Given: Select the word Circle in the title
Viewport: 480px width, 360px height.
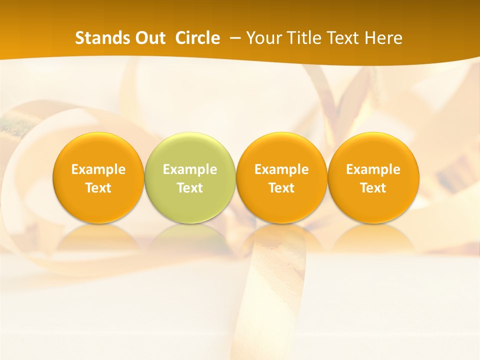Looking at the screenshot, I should click(197, 38).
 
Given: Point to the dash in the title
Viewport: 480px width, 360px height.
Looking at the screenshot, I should click(233, 38).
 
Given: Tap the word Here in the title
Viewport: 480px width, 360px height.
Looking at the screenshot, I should click(383, 38).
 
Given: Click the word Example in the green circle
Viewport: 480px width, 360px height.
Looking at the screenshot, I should click(190, 169).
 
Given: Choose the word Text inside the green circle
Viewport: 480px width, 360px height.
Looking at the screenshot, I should click(190, 188).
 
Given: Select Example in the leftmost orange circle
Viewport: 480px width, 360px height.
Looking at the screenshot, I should click(98, 169).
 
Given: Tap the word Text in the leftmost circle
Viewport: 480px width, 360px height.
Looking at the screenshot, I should click(98, 188).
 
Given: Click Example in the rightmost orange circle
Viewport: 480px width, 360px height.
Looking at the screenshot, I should click(373, 169).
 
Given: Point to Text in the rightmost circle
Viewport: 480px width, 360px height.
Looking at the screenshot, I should click(373, 188).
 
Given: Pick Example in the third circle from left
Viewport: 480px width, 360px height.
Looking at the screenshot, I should click(282, 169).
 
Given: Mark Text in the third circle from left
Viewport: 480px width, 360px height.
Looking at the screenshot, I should click(282, 188).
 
